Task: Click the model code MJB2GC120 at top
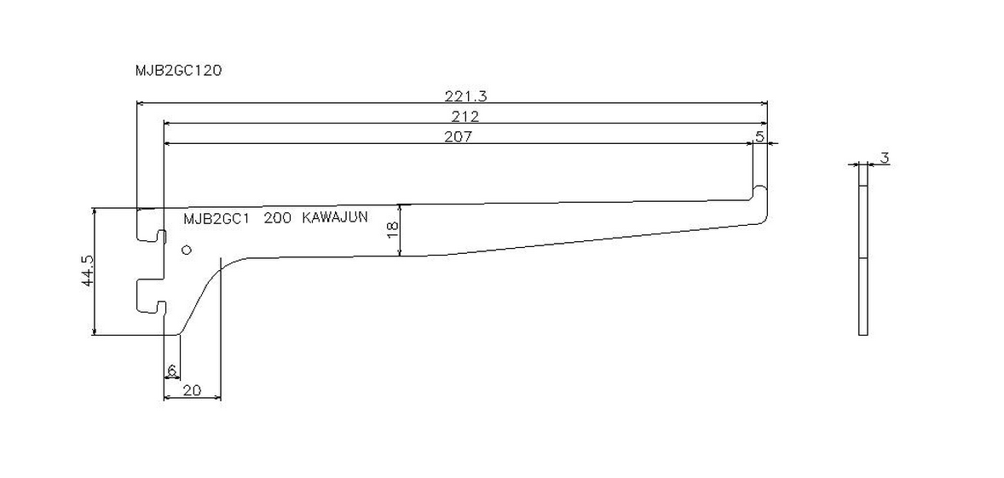178,72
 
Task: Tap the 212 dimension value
465,116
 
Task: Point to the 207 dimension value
458,136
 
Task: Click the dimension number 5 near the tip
759,136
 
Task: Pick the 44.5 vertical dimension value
87,271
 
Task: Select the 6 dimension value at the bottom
171,371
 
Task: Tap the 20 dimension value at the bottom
192,390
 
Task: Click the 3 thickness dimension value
885,158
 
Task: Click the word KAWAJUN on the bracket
335,217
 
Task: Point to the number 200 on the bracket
277,218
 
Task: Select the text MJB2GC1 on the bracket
216,218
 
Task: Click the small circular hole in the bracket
187,250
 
